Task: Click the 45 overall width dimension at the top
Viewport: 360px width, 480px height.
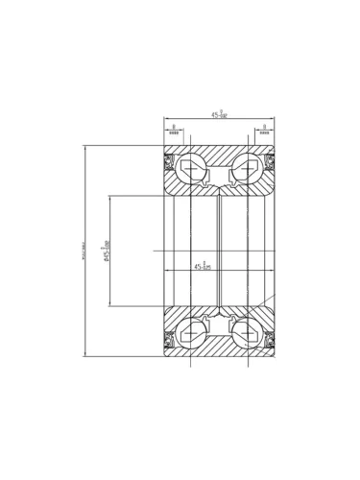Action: coord(219,115)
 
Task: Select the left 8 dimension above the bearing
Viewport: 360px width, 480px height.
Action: coord(174,130)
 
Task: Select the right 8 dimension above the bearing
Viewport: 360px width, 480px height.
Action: coord(264,130)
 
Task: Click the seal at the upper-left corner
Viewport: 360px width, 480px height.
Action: coord(169,159)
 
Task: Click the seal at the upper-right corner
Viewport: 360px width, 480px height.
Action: coord(270,159)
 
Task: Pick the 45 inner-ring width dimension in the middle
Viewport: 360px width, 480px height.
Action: coord(202,266)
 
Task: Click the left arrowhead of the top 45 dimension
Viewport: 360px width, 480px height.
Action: coord(166,120)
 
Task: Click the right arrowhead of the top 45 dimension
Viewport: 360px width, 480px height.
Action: coord(273,120)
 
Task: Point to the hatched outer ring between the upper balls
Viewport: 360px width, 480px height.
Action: coord(220,156)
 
